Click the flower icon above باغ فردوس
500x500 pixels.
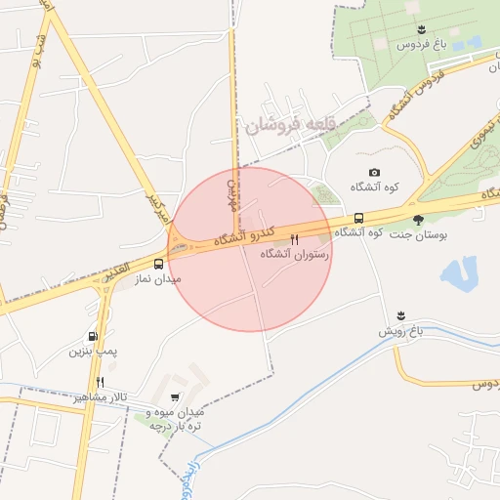(x=421, y=29)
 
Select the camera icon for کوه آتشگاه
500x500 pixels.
(x=374, y=172)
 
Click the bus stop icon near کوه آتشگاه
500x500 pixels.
(x=359, y=218)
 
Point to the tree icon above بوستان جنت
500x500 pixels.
(x=419, y=219)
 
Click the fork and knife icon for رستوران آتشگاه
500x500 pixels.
(x=294, y=238)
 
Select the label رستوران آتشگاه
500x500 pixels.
(x=295, y=254)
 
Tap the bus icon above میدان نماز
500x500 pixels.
(x=158, y=264)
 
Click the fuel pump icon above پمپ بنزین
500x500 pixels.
(x=93, y=336)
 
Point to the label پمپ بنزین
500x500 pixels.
(x=93, y=351)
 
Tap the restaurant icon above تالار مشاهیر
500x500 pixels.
(x=100, y=382)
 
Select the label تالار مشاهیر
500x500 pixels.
(x=101, y=397)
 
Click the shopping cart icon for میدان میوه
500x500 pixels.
(x=174, y=396)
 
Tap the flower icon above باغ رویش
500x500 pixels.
(x=400, y=315)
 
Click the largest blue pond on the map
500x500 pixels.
(x=458, y=272)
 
